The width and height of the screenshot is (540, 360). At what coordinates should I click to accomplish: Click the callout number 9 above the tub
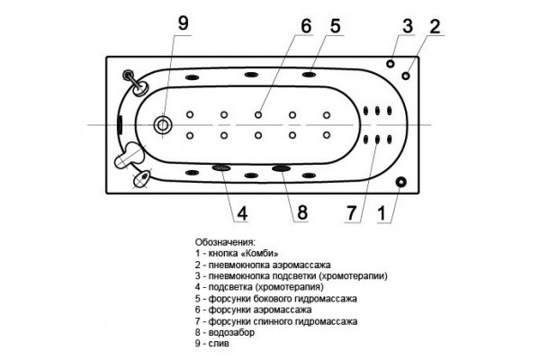coord(184,23)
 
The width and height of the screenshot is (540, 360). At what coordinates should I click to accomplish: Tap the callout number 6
coord(306,26)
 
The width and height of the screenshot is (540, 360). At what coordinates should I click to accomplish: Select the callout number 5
coord(335,26)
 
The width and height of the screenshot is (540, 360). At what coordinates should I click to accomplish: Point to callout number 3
coord(408,26)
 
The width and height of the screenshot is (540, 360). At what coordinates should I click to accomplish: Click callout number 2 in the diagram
coord(435,26)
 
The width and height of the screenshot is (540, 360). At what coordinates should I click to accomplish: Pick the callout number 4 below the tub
coord(242,213)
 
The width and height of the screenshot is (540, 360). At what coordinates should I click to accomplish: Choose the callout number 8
coord(302,212)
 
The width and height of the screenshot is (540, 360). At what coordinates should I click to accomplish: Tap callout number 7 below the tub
coord(351,213)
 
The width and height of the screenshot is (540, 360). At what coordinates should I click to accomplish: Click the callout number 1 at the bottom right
coord(382,213)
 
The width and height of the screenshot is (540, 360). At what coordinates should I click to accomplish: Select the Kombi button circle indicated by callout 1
coord(400,182)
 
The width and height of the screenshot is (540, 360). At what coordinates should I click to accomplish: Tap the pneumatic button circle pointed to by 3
coord(391,64)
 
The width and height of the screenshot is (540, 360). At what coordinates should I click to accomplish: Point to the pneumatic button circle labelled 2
coord(406,76)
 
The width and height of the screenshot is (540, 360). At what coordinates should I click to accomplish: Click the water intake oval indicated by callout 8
coord(281,168)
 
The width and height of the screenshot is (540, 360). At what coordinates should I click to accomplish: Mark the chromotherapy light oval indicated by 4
coord(221,167)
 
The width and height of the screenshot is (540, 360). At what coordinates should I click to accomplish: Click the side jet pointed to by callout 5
coord(309,75)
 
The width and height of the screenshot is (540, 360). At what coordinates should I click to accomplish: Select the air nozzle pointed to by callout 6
coord(258,114)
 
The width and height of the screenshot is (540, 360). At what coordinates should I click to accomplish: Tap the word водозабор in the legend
coord(231,333)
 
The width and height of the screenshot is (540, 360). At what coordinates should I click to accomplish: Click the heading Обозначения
coord(225,242)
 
